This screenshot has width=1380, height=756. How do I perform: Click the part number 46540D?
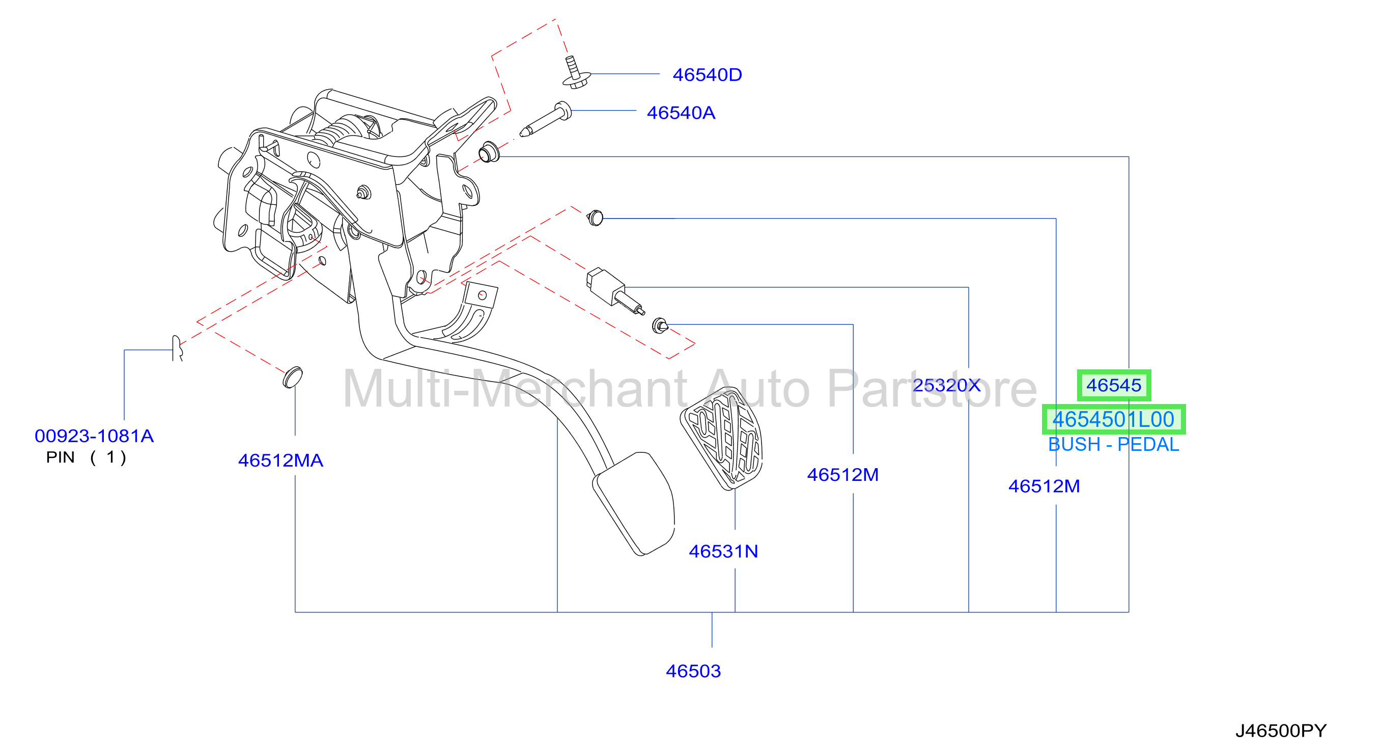(707, 74)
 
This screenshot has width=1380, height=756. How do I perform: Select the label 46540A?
(681, 113)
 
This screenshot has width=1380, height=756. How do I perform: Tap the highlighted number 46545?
(1114, 385)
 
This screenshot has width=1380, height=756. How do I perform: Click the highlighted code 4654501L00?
(1113, 419)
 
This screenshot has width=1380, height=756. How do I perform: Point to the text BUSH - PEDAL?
(1113, 445)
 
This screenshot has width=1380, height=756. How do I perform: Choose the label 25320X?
(947, 385)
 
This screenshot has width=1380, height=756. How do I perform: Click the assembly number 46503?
(693, 671)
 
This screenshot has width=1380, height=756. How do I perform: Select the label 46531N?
(723, 551)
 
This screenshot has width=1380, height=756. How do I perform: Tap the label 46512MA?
(280, 460)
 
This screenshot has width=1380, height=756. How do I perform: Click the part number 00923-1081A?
(94, 436)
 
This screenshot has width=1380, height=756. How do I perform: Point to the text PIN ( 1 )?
(86, 457)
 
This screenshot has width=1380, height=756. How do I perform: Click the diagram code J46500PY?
(1281, 730)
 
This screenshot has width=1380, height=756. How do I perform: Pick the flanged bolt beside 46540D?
(575, 73)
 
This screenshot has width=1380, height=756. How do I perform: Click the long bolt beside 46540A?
(545, 119)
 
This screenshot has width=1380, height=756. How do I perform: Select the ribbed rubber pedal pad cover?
(722, 438)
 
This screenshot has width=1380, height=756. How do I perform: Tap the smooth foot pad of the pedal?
(634, 503)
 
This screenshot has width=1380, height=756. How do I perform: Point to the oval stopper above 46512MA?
(293, 376)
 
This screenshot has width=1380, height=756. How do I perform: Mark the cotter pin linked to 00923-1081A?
(177, 348)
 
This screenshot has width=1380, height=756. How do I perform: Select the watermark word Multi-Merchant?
(515, 389)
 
